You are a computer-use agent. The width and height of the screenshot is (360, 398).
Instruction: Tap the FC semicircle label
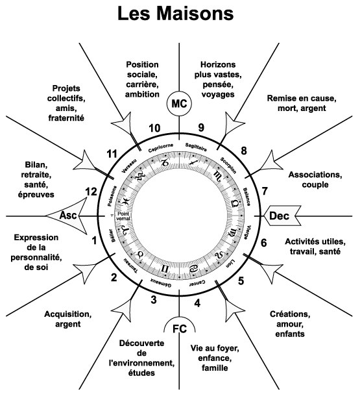(180, 329)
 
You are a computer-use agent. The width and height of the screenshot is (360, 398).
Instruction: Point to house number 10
(154, 128)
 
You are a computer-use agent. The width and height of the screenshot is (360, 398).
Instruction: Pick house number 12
(91, 192)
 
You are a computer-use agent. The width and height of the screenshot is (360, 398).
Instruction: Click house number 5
(241, 281)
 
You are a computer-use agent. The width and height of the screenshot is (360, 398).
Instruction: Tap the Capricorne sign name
(161, 148)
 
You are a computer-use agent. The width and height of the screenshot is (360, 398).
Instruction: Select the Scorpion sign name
(228, 166)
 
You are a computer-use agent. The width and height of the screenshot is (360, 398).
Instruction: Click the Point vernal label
(124, 216)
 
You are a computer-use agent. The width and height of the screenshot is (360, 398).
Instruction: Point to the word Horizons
(218, 65)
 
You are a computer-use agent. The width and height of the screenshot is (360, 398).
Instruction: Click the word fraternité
(66, 118)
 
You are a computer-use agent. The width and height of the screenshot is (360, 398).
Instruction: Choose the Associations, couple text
(315, 180)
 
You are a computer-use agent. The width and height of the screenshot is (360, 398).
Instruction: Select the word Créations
(290, 314)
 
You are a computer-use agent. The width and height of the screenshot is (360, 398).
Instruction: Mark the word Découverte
(141, 343)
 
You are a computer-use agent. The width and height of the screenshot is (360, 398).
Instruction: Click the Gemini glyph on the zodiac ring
(165, 268)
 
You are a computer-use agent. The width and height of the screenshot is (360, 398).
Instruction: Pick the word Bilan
(36, 165)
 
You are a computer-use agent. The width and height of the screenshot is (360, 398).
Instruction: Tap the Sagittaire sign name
(196, 147)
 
